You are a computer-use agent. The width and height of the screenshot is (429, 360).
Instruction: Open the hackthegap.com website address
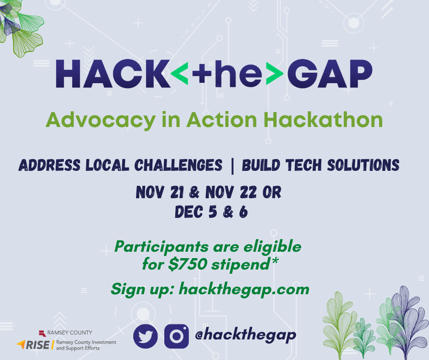pos(244,289)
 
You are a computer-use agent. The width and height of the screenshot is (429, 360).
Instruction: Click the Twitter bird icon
pos(145,336)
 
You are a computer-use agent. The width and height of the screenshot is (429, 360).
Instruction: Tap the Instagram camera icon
pos(176,336)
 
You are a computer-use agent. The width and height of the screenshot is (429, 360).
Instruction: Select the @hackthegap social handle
pos(245,335)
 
